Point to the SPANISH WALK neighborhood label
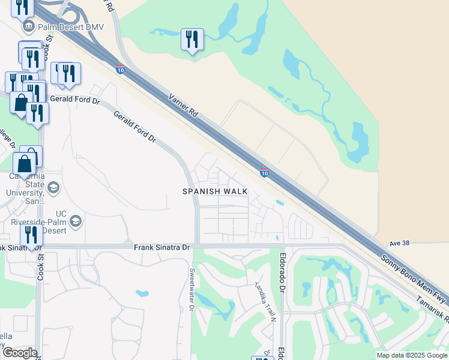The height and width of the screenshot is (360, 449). (215, 191)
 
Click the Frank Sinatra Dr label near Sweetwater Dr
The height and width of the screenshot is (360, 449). (161, 247)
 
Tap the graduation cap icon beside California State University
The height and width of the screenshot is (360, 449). (53, 188)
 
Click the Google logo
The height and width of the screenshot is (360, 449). (19, 353)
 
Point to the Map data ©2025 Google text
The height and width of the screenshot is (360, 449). (411, 355)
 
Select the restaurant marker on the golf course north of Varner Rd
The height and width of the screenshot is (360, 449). (192, 40)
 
